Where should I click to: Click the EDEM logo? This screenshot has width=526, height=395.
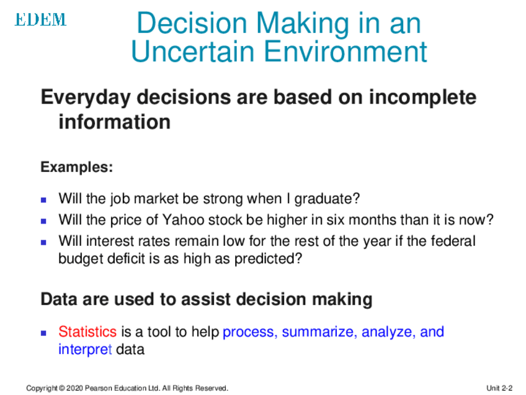click(40, 19)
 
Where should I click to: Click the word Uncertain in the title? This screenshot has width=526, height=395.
click(192, 52)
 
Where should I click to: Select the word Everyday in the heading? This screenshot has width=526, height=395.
click(86, 98)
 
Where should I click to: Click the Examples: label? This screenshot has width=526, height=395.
click(77, 167)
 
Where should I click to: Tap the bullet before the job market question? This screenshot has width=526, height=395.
click(43, 200)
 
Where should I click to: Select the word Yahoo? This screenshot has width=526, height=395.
click(183, 220)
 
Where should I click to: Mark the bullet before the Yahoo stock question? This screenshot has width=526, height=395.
click(43, 221)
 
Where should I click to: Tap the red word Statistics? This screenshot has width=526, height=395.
click(87, 332)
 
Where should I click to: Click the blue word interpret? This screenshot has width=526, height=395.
click(85, 350)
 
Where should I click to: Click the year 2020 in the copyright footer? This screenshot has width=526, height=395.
click(74, 388)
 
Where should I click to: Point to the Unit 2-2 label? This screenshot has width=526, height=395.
click(499, 388)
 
